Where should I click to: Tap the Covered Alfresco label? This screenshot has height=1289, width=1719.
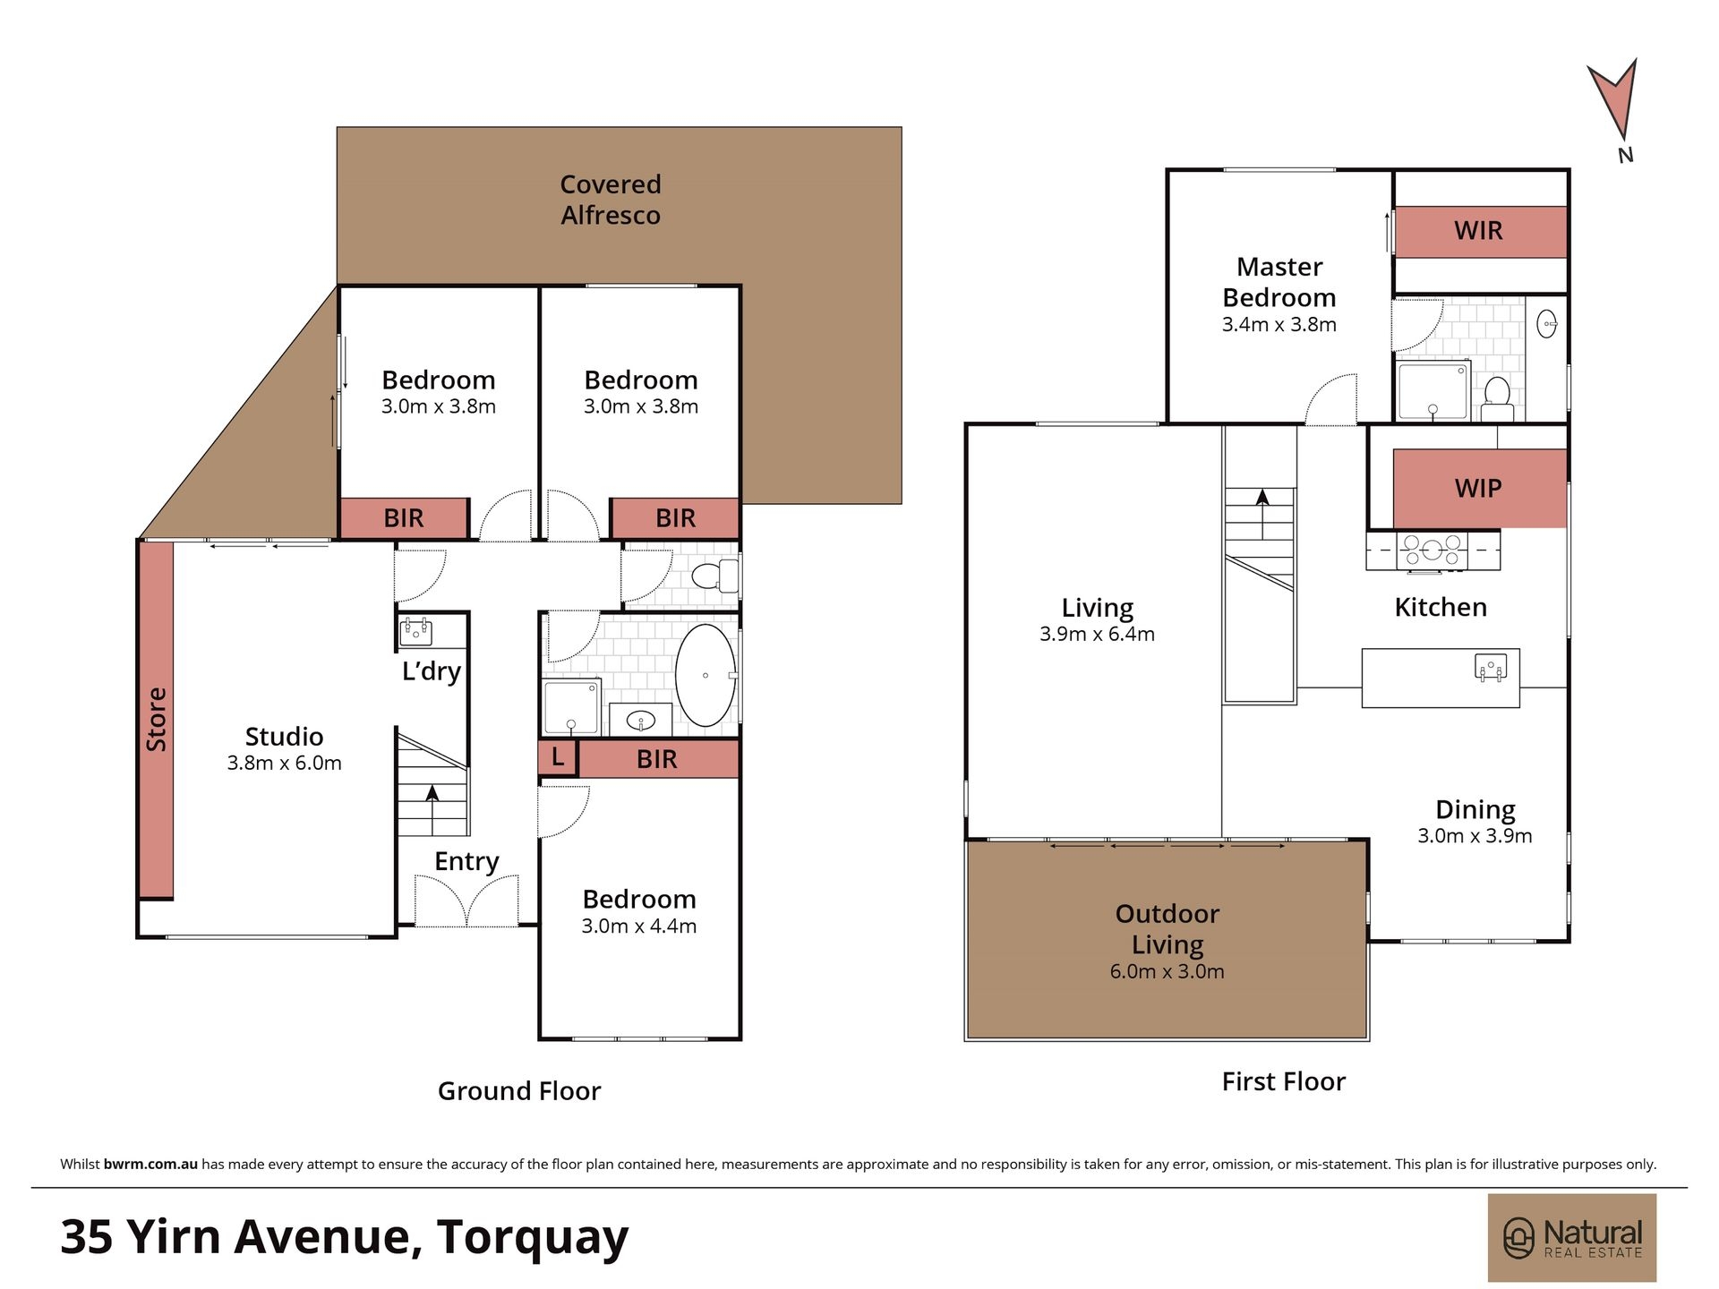click(x=611, y=200)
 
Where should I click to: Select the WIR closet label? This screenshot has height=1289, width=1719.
click(x=1478, y=231)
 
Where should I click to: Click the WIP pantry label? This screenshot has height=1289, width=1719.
click(x=1478, y=489)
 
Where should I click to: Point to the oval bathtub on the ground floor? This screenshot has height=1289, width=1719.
click(x=706, y=675)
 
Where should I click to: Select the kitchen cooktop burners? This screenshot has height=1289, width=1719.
click(x=1432, y=551)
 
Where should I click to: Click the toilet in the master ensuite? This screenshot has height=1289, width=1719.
click(x=1497, y=398)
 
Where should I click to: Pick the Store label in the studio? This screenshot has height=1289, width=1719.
click(x=157, y=720)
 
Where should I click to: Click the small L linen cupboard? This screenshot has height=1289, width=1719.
click(x=558, y=758)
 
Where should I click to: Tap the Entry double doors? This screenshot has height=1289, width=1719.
click(x=466, y=900)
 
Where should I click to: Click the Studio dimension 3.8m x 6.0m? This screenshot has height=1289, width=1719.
click(x=285, y=764)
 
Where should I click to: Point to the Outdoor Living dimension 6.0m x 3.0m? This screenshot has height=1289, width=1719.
click(x=1167, y=972)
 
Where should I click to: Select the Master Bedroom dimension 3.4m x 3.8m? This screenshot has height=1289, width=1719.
click(x=1279, y=325)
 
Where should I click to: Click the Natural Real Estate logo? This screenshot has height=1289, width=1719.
click(x=1572, y=1238)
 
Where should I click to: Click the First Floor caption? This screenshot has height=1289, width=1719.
click(x=1284, y=1082)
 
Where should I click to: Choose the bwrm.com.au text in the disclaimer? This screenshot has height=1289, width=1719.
click(x=150, y=1165)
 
